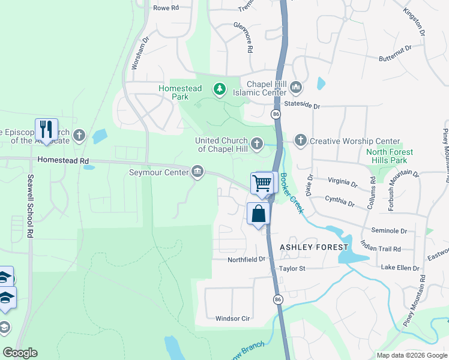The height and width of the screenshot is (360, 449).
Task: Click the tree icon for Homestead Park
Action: [220, 89]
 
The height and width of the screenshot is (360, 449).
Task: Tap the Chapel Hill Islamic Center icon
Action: [295, 88]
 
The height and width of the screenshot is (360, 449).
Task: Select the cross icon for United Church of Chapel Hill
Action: [257, 143]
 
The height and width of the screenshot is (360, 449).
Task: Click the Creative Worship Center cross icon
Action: [300, 140]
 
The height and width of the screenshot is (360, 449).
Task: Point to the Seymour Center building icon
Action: [197, 173]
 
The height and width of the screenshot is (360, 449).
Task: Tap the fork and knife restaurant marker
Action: [46, 128]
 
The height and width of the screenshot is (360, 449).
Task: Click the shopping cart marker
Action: [262, 183]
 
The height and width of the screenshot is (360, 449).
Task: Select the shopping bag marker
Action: [258, 214]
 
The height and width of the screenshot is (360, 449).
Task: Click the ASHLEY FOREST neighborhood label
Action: [313, 247]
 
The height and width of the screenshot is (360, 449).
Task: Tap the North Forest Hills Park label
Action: [387, 156]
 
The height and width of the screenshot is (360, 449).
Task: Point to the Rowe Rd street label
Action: [166, 8]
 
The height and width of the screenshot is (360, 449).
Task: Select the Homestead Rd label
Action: [62, 161]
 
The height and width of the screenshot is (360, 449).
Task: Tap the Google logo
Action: [20, 353]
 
